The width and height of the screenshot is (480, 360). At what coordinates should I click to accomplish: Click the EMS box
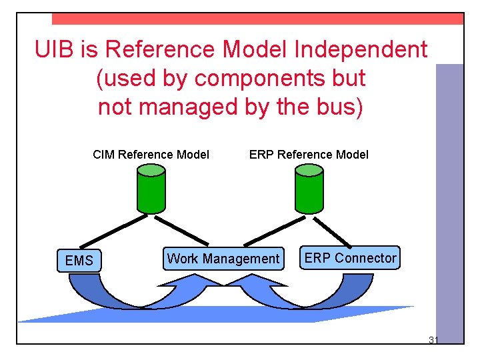click(79, 260)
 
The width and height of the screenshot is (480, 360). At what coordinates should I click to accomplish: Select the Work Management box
click(223, 259)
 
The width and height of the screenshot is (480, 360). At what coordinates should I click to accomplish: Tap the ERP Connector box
click(350, 258)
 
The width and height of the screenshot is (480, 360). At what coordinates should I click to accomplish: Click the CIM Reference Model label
click(151, 155)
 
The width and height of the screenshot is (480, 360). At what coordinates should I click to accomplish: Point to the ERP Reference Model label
click(309, 155)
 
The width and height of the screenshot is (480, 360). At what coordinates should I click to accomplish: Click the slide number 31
click(433, 341)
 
